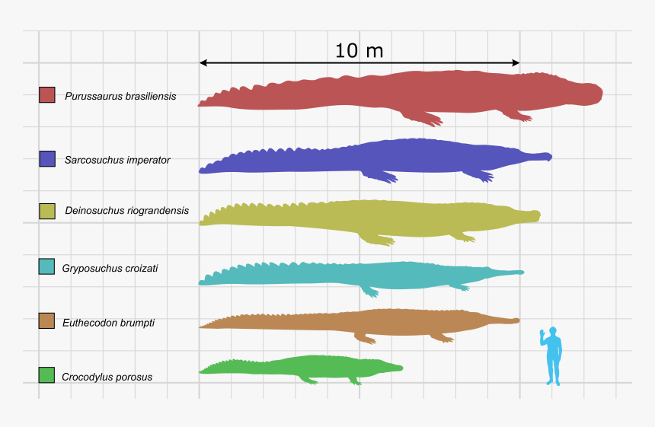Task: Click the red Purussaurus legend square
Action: coord(47,94)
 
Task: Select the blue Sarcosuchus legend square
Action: coord(47,158)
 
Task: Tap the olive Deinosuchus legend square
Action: coord(47,210)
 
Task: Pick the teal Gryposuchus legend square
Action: coord(47,266)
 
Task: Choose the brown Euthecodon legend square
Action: coord(47,321)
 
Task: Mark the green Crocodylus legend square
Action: coord(47,375)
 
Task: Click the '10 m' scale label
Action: coord(359,51)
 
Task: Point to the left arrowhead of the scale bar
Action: coord(203,62)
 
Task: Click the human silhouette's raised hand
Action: coord(542,333)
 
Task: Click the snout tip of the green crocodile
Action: coord(400,368)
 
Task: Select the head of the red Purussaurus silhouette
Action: coord(586,93)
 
